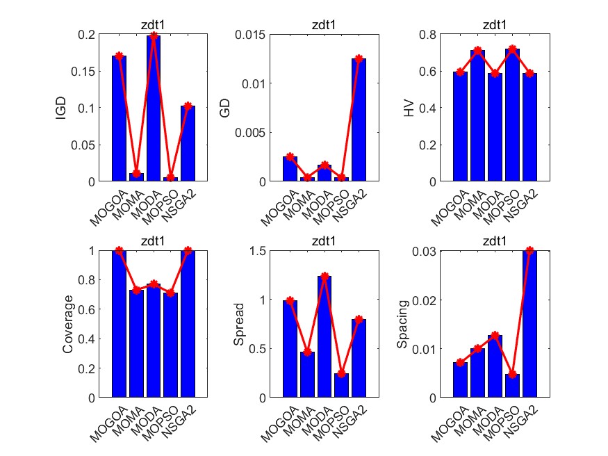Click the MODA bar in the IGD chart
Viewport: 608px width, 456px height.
coord(154,108)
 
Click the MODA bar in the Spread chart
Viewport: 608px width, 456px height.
coord(324,336)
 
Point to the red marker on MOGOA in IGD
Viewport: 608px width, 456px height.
coord(119,56)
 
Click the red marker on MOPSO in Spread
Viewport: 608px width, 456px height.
coord(341,373)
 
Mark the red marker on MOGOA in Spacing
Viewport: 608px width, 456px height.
coord(461,362)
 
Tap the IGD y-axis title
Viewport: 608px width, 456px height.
coord(61,108)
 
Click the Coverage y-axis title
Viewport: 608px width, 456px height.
coord(68,324)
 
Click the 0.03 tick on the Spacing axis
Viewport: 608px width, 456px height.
coord(434,251)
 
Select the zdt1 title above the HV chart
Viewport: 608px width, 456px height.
coord(495,25)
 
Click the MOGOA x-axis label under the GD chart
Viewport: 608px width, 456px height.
coord(274,208)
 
